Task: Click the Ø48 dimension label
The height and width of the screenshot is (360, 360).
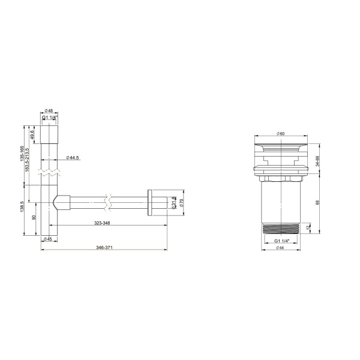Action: click(x=50, y=111)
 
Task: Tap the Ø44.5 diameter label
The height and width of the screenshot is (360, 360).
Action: click(x=72, y=157)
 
